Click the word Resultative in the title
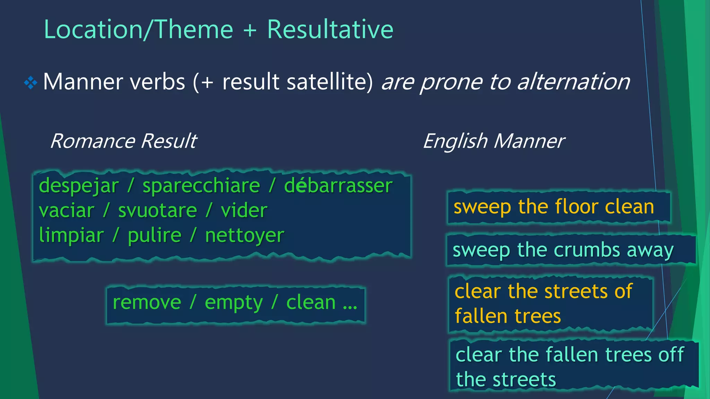coord(330,29)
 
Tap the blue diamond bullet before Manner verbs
coord(31,82)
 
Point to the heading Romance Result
coord(123,141)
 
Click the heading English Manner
coord(494,141)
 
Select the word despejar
coord(79,186)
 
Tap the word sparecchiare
coord(201,186)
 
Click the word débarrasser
coord(338,186)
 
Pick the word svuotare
coord(157,211)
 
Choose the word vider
coord(244,211)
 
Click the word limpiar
coord(71,236)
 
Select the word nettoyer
coord(244,236)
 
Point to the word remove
coord(147,302)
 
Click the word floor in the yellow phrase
coord(576,207)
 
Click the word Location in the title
coord(93,29)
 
